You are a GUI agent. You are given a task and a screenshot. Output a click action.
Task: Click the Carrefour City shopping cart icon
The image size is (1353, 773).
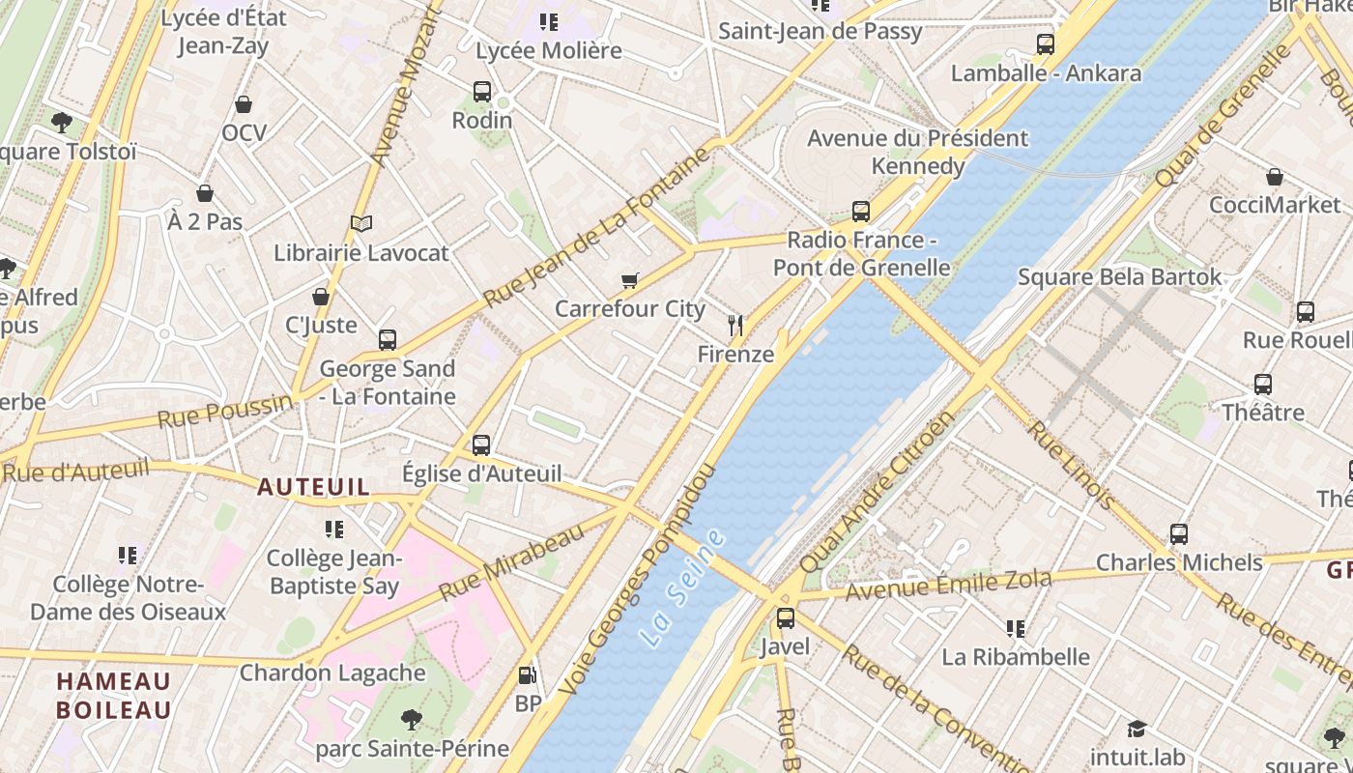pos(630,281)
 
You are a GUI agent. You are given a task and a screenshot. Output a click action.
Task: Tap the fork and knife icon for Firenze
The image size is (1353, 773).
pos(736,326)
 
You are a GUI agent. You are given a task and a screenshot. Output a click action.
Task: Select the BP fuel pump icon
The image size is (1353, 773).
pos(527,676)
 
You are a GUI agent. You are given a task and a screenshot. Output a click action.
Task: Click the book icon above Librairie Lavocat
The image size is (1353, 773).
pos(361,224)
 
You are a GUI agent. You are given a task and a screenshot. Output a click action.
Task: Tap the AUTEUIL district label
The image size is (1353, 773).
pos(313,487)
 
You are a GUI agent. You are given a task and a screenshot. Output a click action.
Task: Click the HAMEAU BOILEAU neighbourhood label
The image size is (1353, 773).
pos(113,696)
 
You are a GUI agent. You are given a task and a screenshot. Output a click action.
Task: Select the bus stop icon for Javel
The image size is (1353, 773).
pos(786,618)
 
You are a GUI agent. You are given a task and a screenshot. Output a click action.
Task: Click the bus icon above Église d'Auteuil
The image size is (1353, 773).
pos(481,445)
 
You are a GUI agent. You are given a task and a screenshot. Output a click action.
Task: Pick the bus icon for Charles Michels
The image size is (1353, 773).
pos(1179,534)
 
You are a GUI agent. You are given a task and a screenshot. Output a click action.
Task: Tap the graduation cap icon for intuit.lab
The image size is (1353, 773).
pos(1137,729)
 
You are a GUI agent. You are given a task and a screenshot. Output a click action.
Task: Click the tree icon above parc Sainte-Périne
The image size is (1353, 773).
pos(412,720)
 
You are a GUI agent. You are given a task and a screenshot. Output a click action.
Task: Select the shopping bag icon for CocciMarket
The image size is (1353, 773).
pos(1275,177)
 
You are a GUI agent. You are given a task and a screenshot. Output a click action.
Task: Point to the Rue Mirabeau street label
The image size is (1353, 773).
pos(511,562)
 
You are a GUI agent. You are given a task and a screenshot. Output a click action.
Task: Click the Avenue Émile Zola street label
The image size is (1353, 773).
pos(948,584)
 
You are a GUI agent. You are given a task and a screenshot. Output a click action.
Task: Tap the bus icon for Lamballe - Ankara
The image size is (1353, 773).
pos(1046,44)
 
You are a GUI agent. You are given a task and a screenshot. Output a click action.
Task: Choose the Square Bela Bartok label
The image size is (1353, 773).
pos(1119,277)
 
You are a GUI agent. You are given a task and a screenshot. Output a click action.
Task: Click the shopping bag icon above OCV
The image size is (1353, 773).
pos(244,104)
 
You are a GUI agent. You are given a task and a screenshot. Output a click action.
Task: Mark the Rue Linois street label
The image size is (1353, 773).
pos(1070,465)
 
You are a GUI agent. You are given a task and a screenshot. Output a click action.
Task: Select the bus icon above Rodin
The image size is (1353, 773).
pos(482,92)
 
